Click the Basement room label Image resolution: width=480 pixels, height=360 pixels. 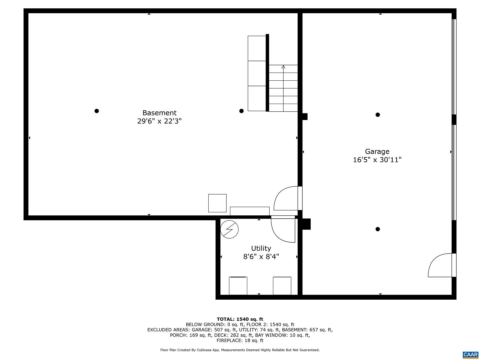159,113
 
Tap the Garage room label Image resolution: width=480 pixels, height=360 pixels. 377,152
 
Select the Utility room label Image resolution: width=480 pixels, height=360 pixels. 261,248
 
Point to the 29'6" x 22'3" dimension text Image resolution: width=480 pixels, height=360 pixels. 159,121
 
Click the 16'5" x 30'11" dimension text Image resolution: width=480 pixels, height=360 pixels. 377,160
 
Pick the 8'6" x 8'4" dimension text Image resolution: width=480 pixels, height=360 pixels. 261,257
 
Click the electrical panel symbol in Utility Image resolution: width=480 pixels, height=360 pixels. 230,229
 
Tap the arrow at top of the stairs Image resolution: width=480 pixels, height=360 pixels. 283,67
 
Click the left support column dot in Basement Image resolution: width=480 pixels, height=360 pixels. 97,111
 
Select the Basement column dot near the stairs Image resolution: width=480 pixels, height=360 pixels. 241,111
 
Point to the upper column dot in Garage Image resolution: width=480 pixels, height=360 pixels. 378,115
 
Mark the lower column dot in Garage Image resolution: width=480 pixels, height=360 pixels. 378,229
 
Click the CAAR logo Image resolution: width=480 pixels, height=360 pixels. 470,355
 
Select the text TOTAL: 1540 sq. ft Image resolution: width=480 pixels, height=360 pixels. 240,319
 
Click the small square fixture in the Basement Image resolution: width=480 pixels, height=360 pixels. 217,203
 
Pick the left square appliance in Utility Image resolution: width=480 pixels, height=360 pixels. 238,286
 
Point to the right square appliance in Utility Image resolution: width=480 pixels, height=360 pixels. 282,286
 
